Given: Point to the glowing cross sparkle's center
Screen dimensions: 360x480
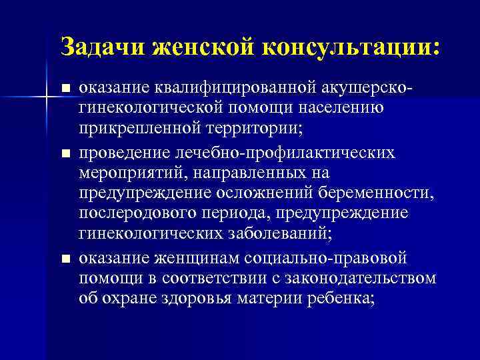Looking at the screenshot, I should click(x=47, y=99).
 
